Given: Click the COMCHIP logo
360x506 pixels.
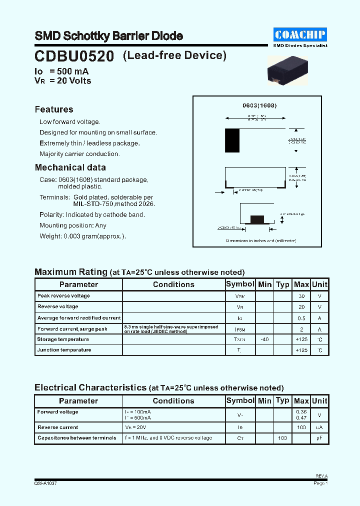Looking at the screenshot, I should pyautogui.click(x=300, y=34).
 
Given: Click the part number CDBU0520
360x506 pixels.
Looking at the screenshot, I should pyautogui.click(x=74, y=55).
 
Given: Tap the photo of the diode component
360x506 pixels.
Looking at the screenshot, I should pyautogui.click(x=285, y=68).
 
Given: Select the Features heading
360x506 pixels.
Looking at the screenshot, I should pyautogui.click(x=54, y=109).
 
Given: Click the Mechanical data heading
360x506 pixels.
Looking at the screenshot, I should pyautogui.click(x=70, y=167).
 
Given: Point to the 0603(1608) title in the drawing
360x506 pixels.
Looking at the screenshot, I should pyautogui.click(x=259, y=106).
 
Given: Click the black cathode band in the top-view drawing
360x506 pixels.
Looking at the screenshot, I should pyautogui.click(x=232, y=140).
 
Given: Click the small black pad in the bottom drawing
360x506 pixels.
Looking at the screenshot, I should pyautogui.click(x=256, y=219).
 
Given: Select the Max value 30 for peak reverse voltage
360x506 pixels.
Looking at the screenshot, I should pyautogui.click(x=301, y=296).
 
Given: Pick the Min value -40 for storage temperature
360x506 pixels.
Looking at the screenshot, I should pyautogui.click(x=264, y=339).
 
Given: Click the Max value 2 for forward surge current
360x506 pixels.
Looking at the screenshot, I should pyautogui.click(x=301, y=329).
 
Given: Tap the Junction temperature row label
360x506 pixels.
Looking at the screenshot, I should pyautogui.click(x=64, y=350).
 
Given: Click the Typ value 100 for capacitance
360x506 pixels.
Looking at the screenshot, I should pyautogui.click(x=282, y=438).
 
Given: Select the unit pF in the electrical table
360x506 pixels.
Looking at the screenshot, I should pyautogui.click(x=319, y=438).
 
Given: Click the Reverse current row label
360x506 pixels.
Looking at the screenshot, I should pyautogui.click(x=57, y=427).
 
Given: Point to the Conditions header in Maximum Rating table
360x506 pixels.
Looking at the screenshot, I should pyautogui.click(x=173, y=284).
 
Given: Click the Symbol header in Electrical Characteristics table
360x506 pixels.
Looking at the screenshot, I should pyautogui.click(x=240, y=400).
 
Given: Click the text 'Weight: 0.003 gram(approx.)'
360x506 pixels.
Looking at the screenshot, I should pyautogui.click(x=82, y=236).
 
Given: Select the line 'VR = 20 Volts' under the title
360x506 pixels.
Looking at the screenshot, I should pyautogui.click(x=63, y=80).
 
